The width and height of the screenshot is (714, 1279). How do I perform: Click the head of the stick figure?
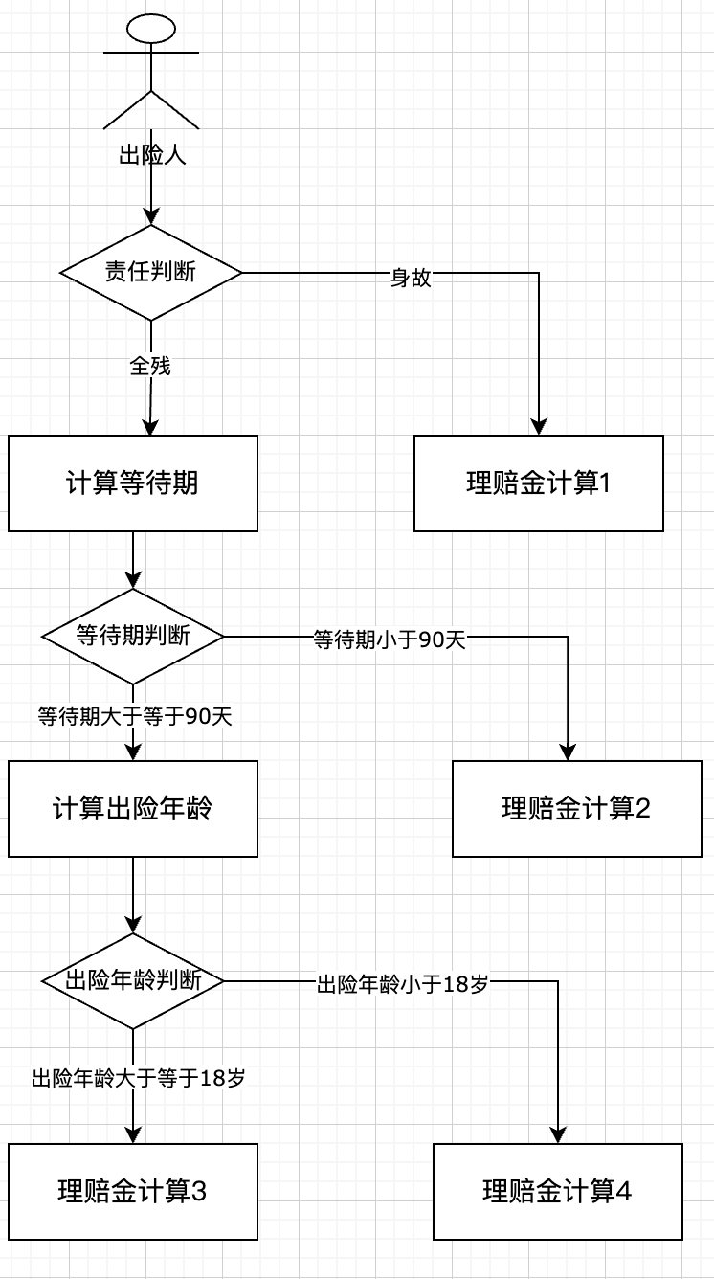coord(151,29)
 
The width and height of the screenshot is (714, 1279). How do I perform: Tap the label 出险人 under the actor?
coord(151,155)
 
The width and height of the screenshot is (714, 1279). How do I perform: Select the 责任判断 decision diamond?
coord(151,273)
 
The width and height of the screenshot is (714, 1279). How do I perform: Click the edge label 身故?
coord(411,279)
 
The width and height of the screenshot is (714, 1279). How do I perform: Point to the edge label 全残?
coord(150,366)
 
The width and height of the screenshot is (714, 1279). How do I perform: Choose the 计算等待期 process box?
coord(133,483)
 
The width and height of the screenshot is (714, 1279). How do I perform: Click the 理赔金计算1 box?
coord(539,483)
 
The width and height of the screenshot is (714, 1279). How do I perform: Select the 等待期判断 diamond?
coord(133,636)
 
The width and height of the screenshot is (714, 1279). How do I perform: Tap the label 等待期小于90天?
coord(390,639)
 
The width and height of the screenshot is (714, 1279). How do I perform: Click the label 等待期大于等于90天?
coord(134,716)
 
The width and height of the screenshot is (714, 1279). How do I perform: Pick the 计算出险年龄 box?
coord(133,809)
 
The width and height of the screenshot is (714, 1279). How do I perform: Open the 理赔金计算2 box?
coord(576,809)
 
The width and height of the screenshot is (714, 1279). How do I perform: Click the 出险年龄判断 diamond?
coord(133,981)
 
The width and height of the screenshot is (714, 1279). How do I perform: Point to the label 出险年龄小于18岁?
coord(403,985)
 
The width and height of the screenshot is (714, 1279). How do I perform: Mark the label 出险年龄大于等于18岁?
coord(139,1079)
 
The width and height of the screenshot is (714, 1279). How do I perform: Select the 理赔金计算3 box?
coord(133,1192)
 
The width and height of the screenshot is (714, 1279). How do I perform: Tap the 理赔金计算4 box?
coord(557,1192)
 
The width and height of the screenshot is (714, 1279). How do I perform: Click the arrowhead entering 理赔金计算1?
coord(539,427)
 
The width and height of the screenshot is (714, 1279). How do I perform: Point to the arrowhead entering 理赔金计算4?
coord(557,1135)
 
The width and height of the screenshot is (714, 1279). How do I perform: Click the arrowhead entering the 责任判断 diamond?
coord(151,217)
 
